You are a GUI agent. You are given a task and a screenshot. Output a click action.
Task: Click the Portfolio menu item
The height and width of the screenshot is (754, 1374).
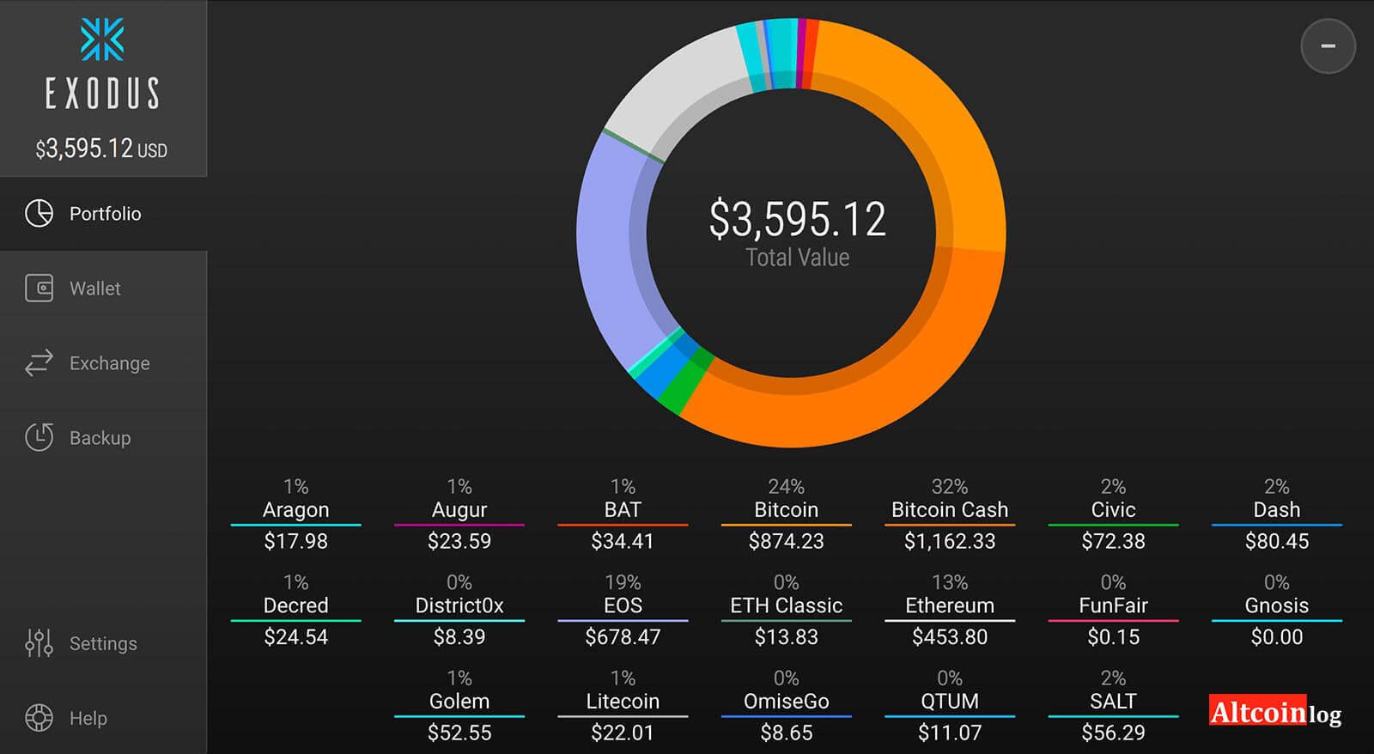click(x=104, y=214)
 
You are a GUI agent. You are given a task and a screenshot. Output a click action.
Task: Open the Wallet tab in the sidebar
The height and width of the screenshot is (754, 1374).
click(x=94, y=289)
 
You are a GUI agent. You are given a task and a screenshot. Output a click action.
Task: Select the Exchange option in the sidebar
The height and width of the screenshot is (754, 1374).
click(x=109, y=363)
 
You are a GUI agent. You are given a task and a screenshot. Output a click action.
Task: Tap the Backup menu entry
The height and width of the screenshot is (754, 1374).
click(x=100, y=438)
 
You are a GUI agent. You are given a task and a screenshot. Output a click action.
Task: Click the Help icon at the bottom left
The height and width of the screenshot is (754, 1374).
click(x=40, y=718)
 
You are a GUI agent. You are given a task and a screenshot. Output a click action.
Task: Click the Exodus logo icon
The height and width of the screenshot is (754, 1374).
click(x=102, y=40)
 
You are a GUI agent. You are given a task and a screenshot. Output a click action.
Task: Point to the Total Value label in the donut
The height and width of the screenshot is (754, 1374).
click(x=797, y=258)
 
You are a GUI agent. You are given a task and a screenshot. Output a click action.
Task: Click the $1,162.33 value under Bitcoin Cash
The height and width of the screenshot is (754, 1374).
click(x=949, y=541)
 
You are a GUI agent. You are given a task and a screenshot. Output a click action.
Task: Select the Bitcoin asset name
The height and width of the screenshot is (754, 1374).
click(x=786, y=510)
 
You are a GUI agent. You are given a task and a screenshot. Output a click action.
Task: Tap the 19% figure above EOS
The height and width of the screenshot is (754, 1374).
click(x=623, y=582)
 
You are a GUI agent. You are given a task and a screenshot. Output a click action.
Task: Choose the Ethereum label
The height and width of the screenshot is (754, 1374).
click(x=949, y=605)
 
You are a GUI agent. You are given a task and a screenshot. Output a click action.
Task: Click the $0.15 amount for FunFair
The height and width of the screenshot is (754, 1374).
click(x=1113, y=637)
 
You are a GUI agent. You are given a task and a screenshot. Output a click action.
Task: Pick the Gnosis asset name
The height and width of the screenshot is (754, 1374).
click(x=1276, y=605)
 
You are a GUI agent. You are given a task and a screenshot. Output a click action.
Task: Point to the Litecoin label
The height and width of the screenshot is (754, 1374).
click(x=623, y=702)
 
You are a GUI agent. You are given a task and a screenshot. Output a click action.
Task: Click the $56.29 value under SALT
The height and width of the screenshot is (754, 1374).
click(x=1113, y=733)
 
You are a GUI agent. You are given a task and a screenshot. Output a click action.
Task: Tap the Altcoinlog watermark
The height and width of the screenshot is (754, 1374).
click(x=1274, y=712)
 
